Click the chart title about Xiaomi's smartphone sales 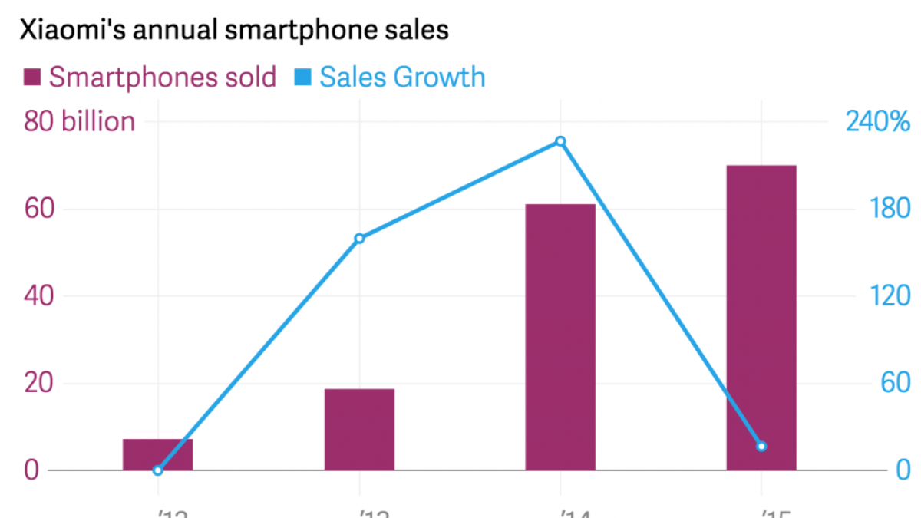pos(233,31)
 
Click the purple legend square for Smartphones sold pos(32,78)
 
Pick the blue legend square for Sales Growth pos(302,78)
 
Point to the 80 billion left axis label pos(80,121)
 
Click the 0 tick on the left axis pos(31,470)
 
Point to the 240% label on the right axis pos(878,121)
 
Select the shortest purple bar pos(157,454)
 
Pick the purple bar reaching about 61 pos(560,337)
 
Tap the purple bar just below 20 pos(359,429)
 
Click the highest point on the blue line pos(560,141)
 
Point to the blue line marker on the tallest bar pos(761,446)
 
